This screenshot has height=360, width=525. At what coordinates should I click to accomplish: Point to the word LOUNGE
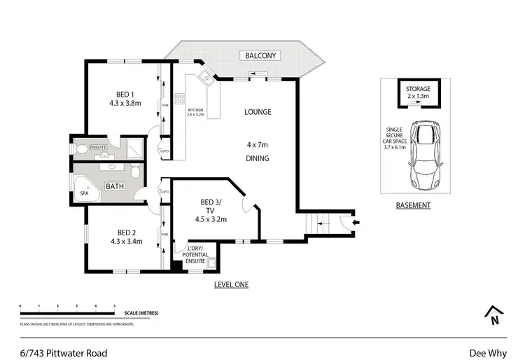pos(258,112)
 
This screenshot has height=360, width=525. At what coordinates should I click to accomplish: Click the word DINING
pos(258,158)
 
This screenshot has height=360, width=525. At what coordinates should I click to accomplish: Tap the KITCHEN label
pos(195,111)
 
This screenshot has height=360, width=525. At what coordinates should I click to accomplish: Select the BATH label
pos(115,188)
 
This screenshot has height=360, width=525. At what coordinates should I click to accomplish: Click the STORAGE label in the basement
pos(417,89)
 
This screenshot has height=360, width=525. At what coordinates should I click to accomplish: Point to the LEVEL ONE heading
pos(231,284)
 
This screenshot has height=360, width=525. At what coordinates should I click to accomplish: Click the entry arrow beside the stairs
pos(356,223)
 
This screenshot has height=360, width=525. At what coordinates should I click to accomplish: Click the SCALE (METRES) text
pos(141,313)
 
